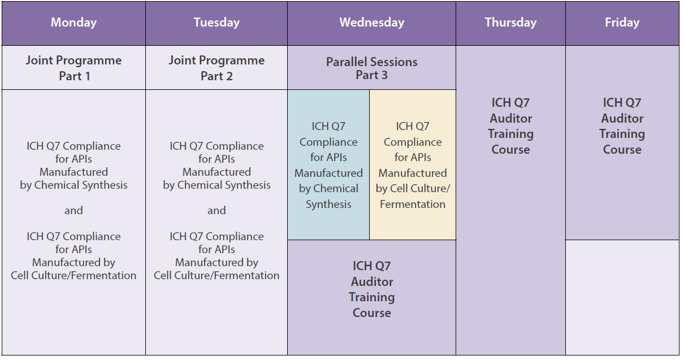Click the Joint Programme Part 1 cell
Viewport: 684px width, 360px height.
point(73,68)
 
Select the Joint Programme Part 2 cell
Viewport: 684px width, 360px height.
point(217,68)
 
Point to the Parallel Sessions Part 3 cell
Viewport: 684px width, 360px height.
point(371,68)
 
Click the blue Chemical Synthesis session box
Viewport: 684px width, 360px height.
point(328,164)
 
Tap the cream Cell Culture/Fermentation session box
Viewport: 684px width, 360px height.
point(413,164)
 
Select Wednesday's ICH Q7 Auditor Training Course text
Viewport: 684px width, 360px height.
point(371,289)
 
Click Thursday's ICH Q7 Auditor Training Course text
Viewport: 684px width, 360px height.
point(510,126)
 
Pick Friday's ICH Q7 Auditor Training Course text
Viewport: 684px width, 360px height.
point(622,126)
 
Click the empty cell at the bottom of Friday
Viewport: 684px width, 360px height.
point(622,297)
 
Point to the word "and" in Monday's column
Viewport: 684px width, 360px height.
point(73,210)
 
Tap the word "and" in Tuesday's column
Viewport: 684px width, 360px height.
point(217,210)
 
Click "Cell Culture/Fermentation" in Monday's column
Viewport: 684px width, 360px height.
point(73,275)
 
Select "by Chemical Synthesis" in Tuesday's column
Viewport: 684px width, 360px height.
point(217,185)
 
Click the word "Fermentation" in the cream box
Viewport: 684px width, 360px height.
point(413,204)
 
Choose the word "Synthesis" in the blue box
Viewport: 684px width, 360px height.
point(328,204)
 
